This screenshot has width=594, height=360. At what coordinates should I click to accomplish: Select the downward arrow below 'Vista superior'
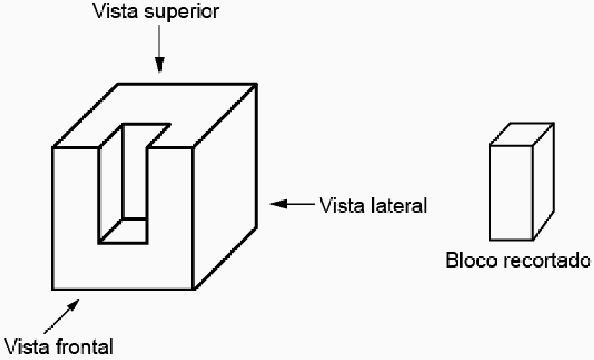click(160, 53)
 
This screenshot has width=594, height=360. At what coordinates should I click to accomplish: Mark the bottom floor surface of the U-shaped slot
click(123, 230)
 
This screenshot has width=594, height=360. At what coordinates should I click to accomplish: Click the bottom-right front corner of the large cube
click(193, 290)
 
